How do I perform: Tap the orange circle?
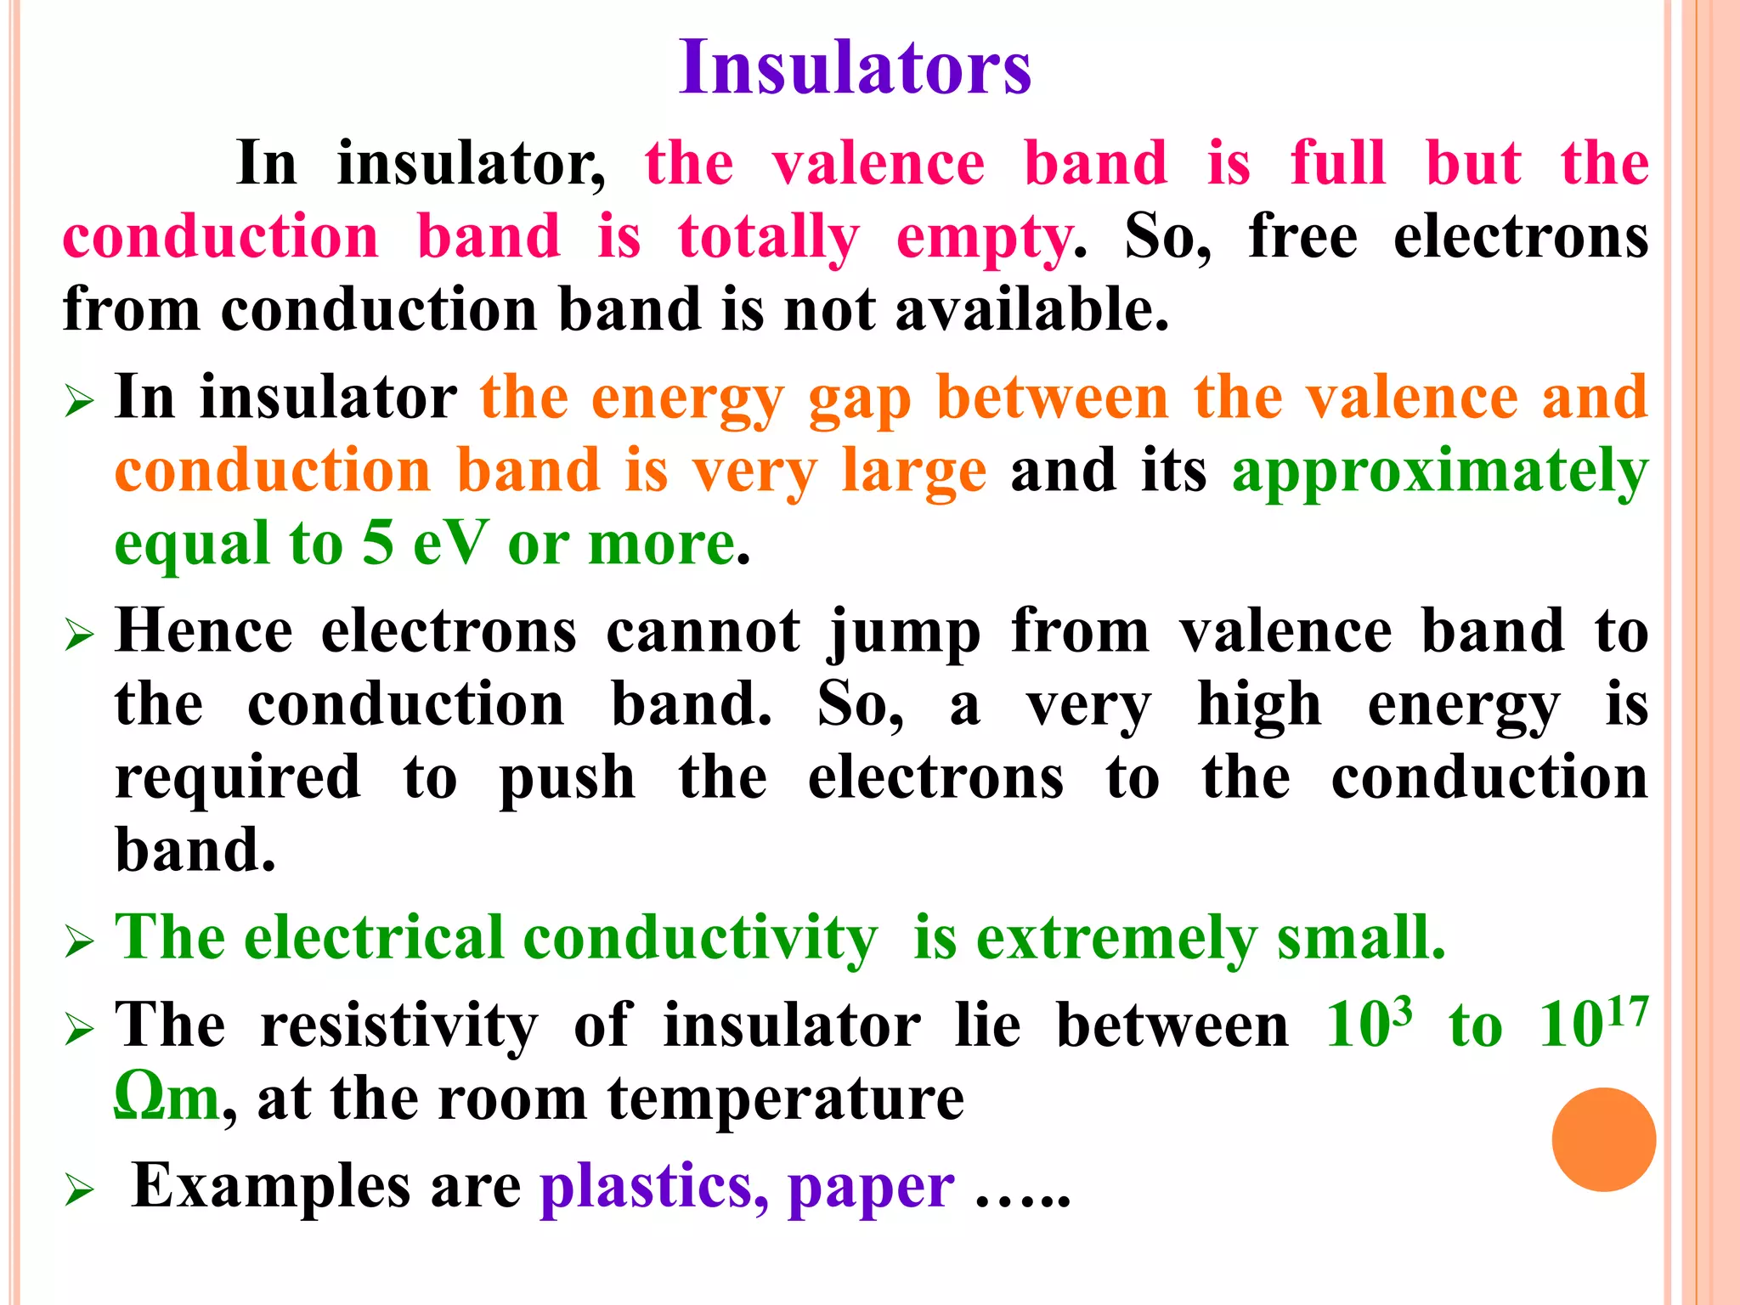tap(1603, 1139)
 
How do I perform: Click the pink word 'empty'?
tap(984, 238)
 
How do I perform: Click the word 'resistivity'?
tap(399, 1025)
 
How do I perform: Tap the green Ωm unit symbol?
tap(167, 1098)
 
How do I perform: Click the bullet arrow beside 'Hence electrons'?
tap(79, 635)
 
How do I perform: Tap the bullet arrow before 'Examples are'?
tap(79, 1190)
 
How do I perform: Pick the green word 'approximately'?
tap(1440, 472)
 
